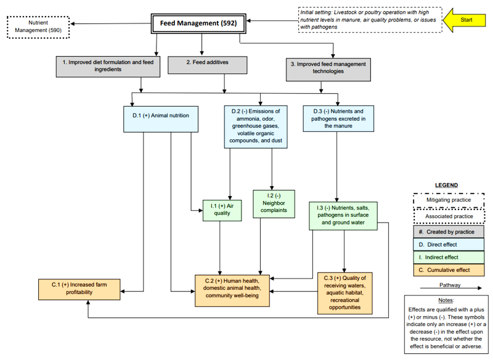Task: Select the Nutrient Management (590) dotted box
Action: (x=38, y=26)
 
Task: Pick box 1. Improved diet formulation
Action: (x=108, y=66)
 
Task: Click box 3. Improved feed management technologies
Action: (x=328, y=68)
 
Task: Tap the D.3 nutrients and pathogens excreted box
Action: (x=338, y=118)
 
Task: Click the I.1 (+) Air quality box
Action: (x=221, y=210)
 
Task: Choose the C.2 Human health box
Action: (x=233, y=290)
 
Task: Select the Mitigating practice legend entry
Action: (x=448, y=200)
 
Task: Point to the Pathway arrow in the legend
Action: (x=449, y=292)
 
